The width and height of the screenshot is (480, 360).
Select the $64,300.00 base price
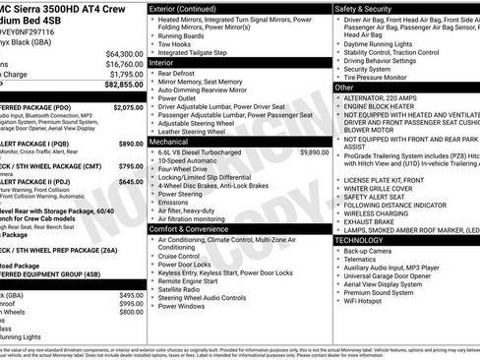[x=124, y=53]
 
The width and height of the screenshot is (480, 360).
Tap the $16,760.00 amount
[x=124, y=63]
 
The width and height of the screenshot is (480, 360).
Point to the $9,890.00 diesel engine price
[x=314, y=152]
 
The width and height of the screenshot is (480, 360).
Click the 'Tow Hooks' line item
[x=175, y=43]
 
